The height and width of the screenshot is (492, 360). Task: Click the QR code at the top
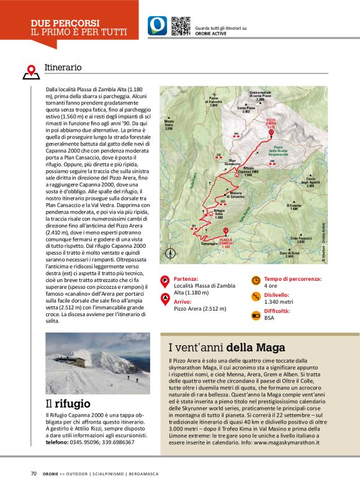(x=180, y=25)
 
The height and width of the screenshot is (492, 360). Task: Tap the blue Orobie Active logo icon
(x=157, y=25)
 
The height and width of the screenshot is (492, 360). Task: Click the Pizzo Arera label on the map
(x=271, y=124)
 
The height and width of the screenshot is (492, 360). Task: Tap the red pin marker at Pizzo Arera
(x=270, y=132)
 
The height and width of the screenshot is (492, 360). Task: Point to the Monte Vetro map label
(x=169, y=125)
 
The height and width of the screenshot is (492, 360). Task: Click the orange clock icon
(x=256, y=280)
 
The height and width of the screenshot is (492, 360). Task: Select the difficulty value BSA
(x=269, y=317)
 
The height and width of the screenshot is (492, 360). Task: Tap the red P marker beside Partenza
(x=165, y=281)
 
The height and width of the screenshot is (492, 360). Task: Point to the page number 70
(x=34, y=473)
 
